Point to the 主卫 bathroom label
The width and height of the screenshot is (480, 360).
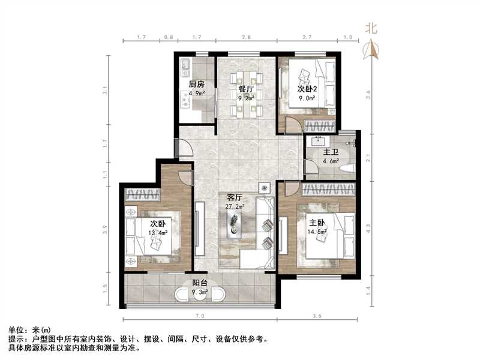pyautogui.click(x=330, y=152)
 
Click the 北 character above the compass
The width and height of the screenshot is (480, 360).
pyautogui.click(x=372, y=28)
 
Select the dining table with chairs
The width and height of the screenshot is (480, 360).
pyautogui.click(x=247, y=94)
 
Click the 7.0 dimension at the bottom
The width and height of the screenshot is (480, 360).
pyautogui.click(x=200, y=314)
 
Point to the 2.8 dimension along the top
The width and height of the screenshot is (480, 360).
pyautogui.click(x=246, y=38)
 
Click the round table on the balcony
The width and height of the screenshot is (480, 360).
pyautogui.click(x=200, y=296)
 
